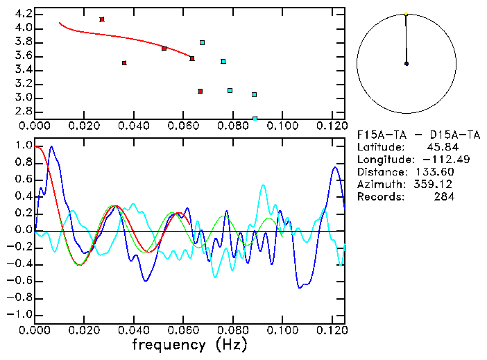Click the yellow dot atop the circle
click(x=406, y=13)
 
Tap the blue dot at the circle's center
click(x=406, y=64)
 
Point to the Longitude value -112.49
click(x=433, y=160)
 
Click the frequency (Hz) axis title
click(x=190, y=345)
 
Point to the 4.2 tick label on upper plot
click(x=23, y=14)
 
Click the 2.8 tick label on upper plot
click(x=23, y=112)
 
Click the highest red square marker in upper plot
click(x=102, y=19)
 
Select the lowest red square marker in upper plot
click(x=200, y=91)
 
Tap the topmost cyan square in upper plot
click(x=203, y=43)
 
